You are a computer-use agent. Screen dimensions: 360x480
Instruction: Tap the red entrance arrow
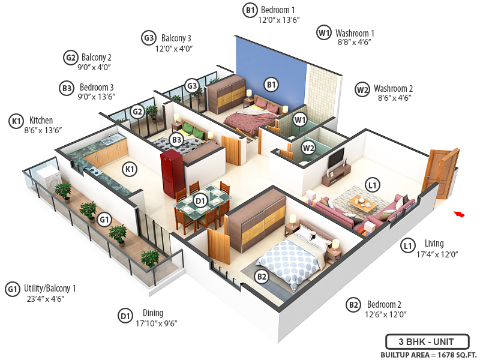pos(460,213)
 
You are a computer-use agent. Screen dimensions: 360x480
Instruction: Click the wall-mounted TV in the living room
pos(337,158)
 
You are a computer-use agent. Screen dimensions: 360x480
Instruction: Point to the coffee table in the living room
pos(362,203)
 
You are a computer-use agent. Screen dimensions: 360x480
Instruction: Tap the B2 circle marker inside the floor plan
pos(262,277)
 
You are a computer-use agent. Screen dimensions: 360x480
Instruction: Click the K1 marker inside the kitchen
pos(130,169)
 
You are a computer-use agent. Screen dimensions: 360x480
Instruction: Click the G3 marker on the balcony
pos(191,85)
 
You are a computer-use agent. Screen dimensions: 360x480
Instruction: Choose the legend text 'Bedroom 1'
pos(277,10)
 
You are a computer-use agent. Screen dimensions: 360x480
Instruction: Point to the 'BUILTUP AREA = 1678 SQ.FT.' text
pos(427,355)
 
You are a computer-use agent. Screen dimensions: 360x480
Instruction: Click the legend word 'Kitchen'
pos(41,120)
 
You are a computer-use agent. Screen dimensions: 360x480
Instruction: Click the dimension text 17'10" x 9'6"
pos(157,323)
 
